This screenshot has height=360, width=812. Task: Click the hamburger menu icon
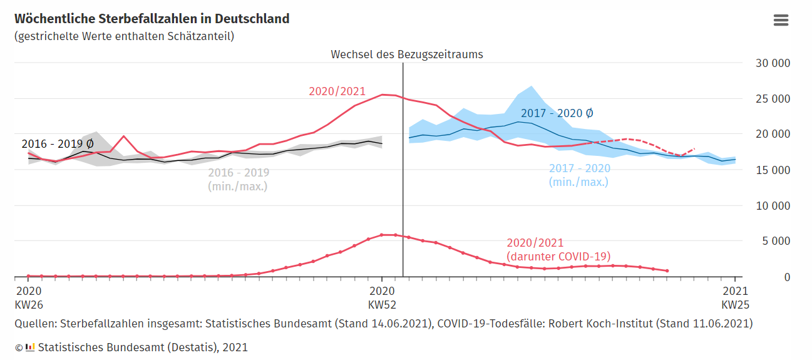(x=781, y=20)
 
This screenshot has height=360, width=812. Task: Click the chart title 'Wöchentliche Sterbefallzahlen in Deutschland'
(x=152, y=19)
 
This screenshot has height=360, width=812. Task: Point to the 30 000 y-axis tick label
(x=773, y=63)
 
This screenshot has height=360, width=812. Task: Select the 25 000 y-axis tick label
(x=773, y=99)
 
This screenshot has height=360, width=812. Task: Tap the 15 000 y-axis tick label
(x=773, y=170)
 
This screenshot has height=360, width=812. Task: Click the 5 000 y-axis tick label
(x=776, y=241)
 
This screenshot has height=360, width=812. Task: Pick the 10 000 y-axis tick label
(x=773, y=206)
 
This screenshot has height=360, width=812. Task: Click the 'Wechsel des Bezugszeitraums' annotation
(x=407, y=54)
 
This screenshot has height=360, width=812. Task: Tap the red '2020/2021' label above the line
(x=337, y=91)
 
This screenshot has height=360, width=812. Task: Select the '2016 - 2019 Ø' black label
(x=58, y=144)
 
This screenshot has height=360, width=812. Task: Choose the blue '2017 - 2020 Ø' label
(x=557, y=114)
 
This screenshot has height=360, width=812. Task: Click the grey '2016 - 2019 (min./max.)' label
(x=239, y=179)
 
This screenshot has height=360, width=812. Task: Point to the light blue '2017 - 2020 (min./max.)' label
(x=579, y=175)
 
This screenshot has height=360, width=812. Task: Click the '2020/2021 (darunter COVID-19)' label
(x=558, y=249)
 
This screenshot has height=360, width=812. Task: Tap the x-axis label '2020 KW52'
(x=382, y=298)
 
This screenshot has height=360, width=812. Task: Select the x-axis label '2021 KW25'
(x=735, y=298)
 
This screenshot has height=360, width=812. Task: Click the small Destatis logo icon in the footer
(x=30, y=347)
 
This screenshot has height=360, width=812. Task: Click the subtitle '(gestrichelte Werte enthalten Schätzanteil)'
(x=124, y=36)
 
